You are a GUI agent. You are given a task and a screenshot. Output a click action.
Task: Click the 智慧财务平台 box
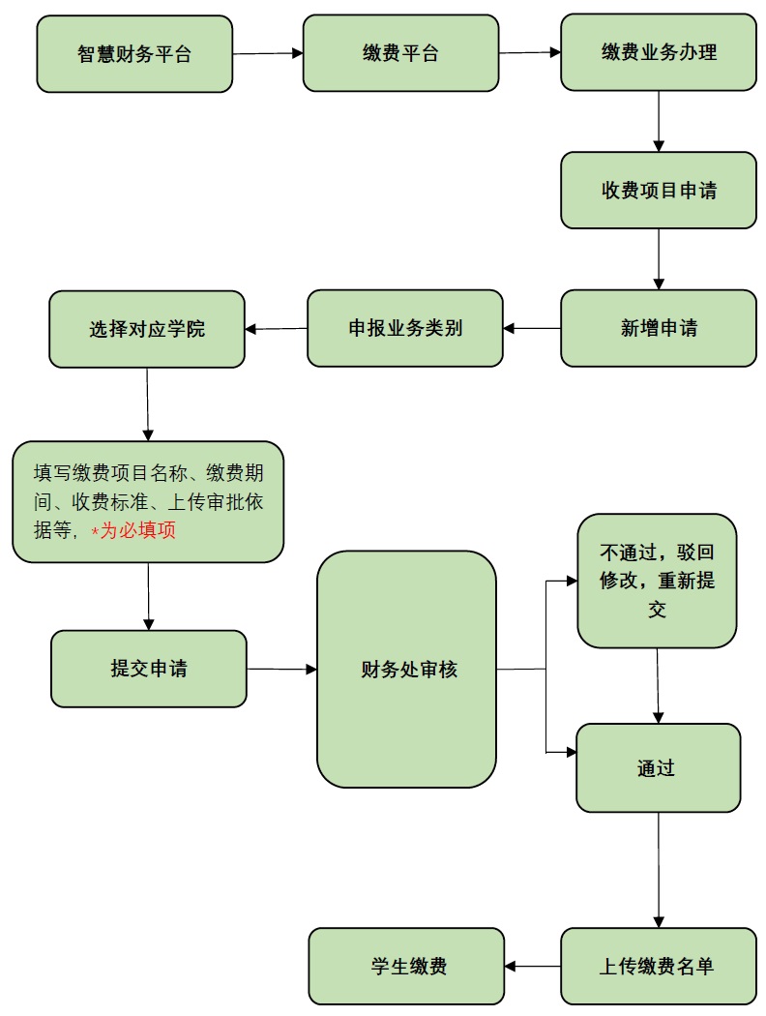[134, 54]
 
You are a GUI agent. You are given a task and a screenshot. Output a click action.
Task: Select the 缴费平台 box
[400, 53]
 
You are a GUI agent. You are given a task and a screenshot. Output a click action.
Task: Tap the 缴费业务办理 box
[659, 52]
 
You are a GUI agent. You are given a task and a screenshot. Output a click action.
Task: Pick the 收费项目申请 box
[659, 191]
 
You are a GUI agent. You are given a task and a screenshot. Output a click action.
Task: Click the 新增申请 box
[659, 328]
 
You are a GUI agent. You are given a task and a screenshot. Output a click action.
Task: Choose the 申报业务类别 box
[405, 328]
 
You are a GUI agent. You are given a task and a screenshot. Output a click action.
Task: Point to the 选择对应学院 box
[147, 329]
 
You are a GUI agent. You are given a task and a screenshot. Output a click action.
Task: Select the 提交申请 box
[149, 669]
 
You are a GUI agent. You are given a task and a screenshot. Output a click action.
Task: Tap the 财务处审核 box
[407, 669]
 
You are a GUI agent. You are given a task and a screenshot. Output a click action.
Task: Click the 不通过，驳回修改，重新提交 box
[658, 581]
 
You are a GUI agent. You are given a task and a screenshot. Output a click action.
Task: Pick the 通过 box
[658, 768]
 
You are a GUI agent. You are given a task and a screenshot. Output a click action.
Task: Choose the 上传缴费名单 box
[659, 966]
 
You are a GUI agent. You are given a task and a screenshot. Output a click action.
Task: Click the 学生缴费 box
[407, 966]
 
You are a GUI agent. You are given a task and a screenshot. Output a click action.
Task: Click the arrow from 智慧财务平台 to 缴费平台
[268, 54]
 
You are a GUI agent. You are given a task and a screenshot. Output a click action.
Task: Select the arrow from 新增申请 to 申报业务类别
[532, 329]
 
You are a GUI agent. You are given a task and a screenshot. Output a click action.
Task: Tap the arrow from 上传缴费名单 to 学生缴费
[533, 966]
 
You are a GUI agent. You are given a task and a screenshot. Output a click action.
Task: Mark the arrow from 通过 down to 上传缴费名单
[659, 870]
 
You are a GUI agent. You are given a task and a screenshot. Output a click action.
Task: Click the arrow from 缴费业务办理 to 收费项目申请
[659, 121]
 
